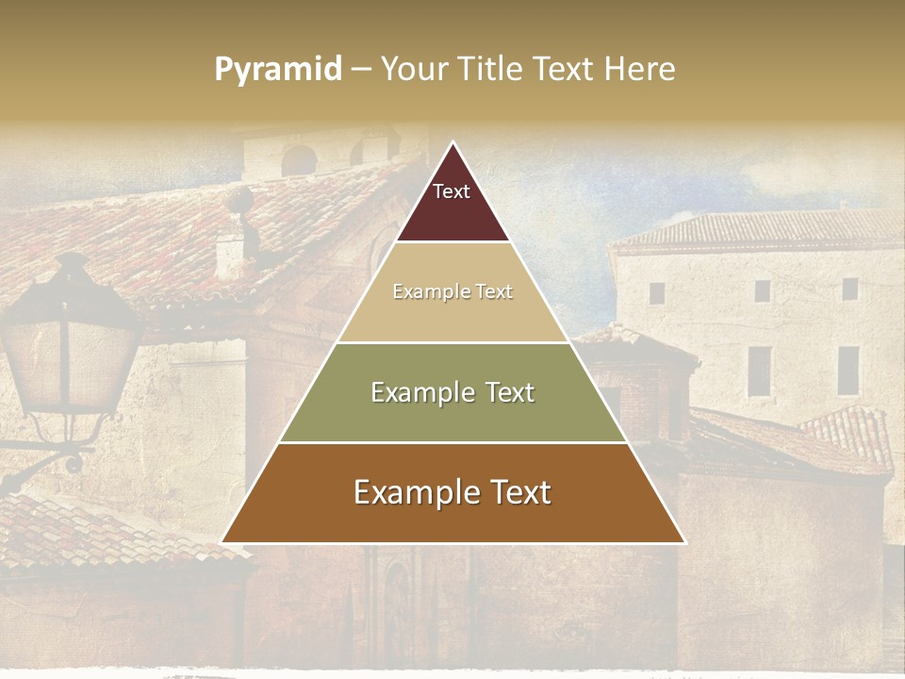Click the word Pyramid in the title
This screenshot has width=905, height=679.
(278, 70)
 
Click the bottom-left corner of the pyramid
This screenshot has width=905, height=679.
(223, 541)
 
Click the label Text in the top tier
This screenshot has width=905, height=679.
(452, 191)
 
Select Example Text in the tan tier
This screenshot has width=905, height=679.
(452, 291)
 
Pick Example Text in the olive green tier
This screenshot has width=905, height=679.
(452, 392)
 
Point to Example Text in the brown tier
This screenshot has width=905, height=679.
(452, 492)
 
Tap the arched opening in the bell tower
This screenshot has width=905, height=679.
(300, 160)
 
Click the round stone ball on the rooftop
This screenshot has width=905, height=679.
(241, 201)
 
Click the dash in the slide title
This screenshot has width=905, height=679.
(361, 70)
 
